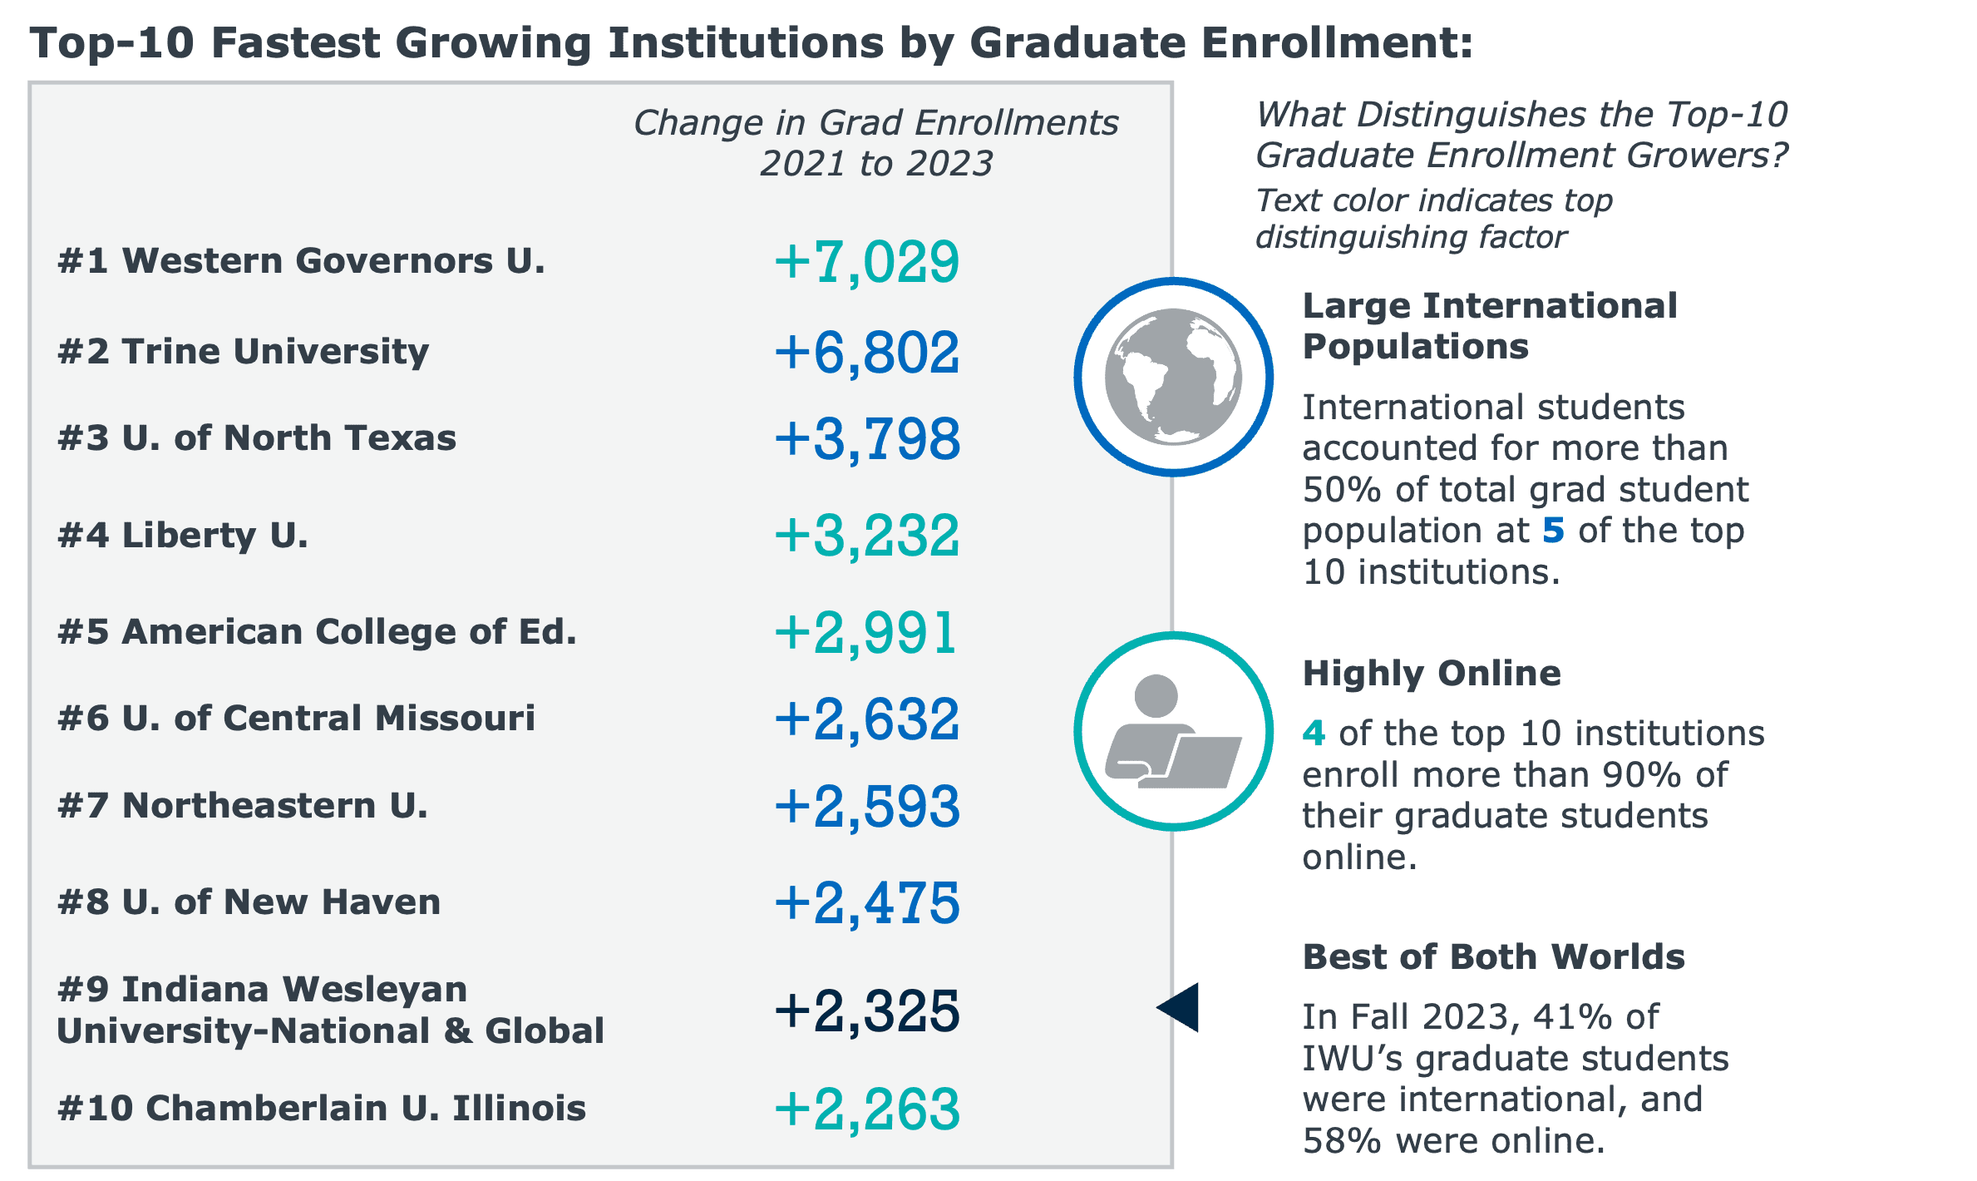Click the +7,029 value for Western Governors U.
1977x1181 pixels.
(x=866, y=263)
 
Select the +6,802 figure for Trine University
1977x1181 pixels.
(x=866, y=353)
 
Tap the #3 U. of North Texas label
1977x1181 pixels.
(x=257, y=438)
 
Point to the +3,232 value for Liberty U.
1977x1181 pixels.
(x=866, y=536)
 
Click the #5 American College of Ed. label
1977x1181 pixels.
(x=317, y=632)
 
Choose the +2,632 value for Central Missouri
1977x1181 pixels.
(x=866, y=720)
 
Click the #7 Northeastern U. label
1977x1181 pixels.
(x=243, y=806)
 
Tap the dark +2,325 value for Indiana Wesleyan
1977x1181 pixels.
(x=866, y=1012)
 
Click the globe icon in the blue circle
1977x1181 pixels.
(x=1173, y=377)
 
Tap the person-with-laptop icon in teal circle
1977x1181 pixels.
(x=1173, y=732)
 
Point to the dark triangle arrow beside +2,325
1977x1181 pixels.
(x=1181, y=1007)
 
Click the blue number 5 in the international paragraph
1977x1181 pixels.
(x=1553, y=531)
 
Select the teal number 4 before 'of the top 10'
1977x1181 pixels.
(x=1314, y=734)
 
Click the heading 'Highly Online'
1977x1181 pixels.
(x=1432, y=674)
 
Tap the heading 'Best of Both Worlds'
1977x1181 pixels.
(x=1493, y=957)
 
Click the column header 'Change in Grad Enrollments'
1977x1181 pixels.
(x=875, y=123)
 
